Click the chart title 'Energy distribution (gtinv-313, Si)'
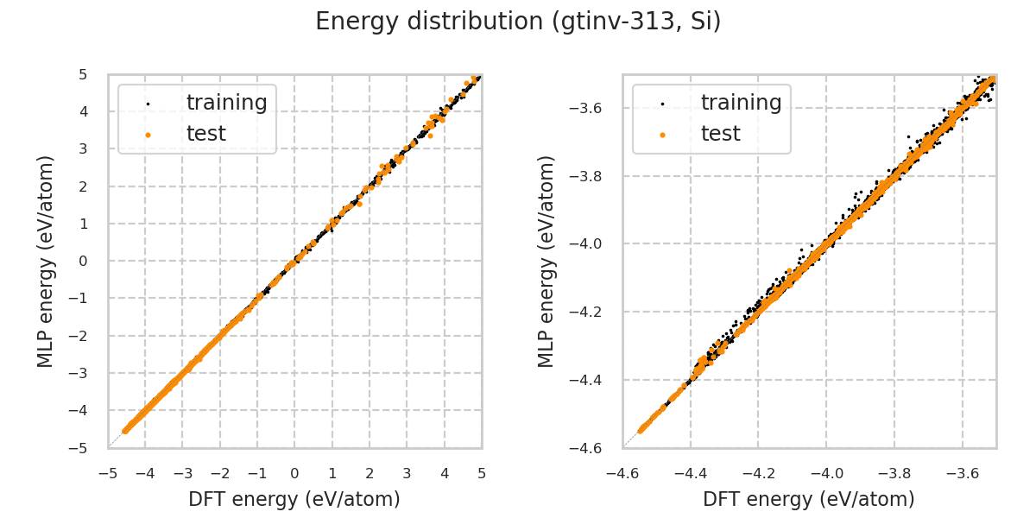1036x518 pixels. click(518, 22)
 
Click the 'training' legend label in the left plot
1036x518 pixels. click(226, 103)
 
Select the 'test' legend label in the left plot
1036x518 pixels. click(205, 134)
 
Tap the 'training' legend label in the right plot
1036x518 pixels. click(741, 103)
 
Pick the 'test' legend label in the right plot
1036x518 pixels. click(720, 134)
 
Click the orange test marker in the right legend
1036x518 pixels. click(662, 135)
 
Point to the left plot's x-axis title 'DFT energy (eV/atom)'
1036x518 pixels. click(294, 499)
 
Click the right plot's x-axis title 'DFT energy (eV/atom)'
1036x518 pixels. click(809, 499)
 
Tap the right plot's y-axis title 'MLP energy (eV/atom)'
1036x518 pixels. click(547, 261)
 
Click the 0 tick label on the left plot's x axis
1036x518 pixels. click(294, 474)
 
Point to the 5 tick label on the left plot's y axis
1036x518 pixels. click(82, 75)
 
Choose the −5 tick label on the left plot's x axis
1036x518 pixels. click(108, 474)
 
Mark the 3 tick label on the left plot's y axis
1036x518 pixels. click(82, 149)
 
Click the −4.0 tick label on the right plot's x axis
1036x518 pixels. click(826, 474)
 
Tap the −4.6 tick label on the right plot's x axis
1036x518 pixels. click(622, 474)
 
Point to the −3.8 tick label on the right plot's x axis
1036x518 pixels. click(894, 474)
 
